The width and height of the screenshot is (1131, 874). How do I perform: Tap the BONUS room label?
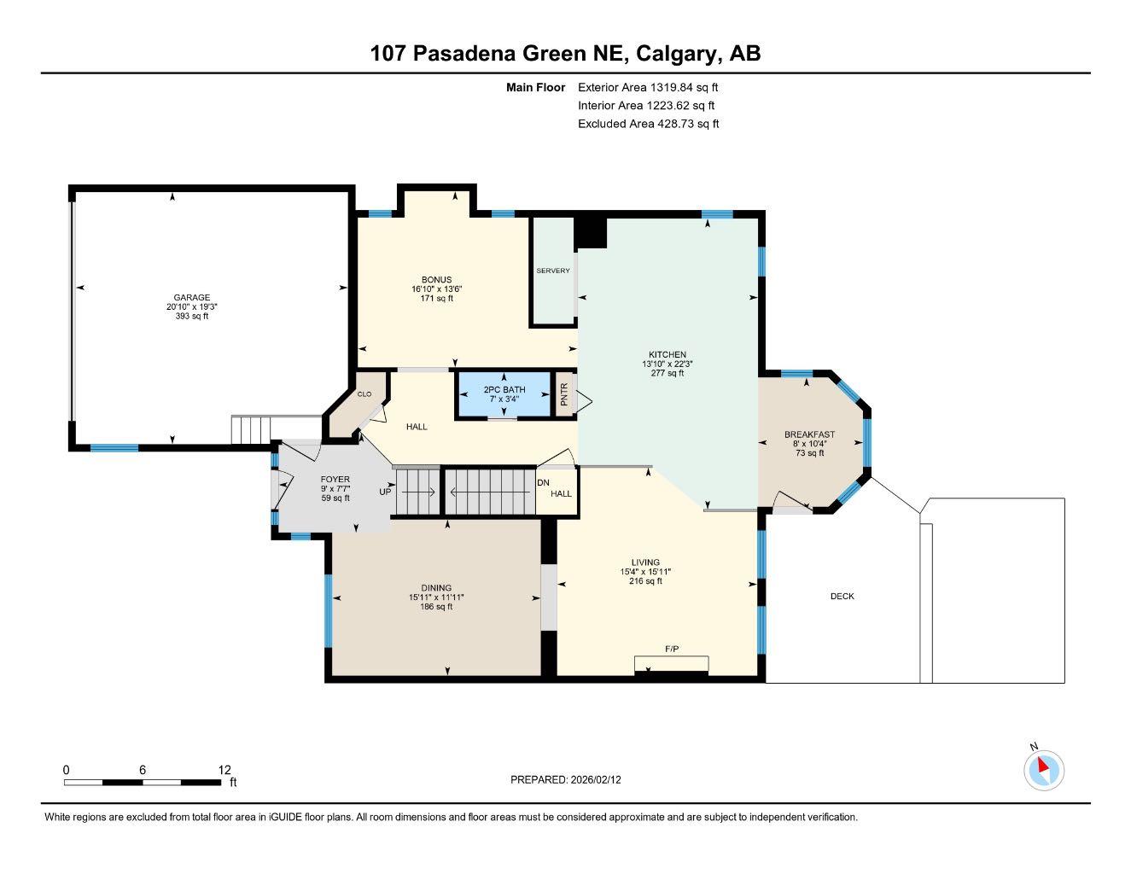[436, 280]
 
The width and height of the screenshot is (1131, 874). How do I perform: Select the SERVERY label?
[553, 271]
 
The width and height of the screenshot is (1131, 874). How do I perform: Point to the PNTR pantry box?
[564, 395]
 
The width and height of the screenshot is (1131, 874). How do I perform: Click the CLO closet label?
[364, 394]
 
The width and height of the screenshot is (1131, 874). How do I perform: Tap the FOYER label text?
[335, 480]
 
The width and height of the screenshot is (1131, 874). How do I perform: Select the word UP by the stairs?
[385, 492]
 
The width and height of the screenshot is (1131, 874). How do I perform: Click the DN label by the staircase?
[543, 482]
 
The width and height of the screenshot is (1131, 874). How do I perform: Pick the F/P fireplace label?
[672, 650]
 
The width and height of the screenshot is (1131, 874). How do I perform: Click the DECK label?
[842, 597]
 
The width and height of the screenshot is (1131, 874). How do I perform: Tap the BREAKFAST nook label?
[809, 434]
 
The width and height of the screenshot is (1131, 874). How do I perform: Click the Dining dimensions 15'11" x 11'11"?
[436, 597]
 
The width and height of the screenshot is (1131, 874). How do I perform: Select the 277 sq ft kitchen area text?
[668, 373]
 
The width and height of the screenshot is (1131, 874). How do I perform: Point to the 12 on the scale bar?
[224, 770]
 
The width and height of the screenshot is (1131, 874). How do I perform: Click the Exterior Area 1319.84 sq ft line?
[648, 87]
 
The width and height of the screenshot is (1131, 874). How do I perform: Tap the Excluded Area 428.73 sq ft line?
[648, 124]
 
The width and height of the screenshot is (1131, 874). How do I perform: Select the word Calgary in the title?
[679, 54]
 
